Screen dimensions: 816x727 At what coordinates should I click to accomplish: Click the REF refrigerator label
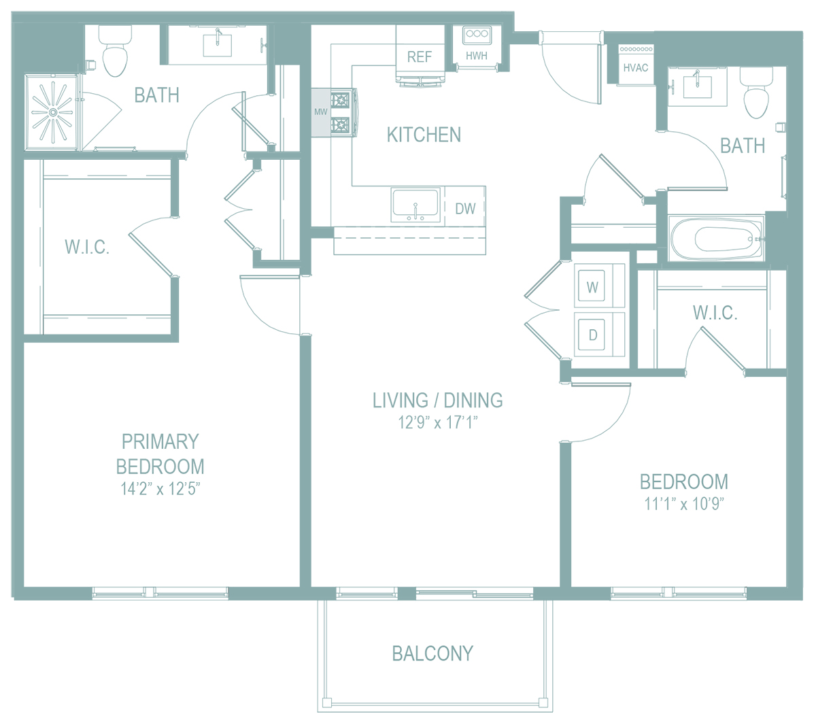(420, 57)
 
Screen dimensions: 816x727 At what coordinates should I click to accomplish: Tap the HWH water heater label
(477, 56)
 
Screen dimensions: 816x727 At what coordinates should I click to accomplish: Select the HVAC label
(636, 67)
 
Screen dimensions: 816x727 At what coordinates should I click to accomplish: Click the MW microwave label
(320, 112)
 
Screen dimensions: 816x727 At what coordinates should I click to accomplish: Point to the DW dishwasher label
(465, 209)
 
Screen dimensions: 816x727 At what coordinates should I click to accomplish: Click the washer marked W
(592, 287)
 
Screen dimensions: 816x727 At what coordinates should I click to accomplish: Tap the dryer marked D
(592, 335)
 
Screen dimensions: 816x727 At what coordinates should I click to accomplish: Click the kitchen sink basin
(415, 204)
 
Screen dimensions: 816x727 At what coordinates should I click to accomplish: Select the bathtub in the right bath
(716, 239)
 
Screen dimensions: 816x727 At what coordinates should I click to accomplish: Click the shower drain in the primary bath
(53, 112)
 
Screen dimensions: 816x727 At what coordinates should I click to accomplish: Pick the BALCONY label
(432, 654)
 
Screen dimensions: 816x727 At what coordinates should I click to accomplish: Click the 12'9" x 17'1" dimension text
(438, 423)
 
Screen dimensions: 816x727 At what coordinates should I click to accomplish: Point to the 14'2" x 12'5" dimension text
(160, 489)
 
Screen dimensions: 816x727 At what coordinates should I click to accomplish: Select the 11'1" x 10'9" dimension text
(684, 504)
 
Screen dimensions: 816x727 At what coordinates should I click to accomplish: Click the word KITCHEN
(424, 135)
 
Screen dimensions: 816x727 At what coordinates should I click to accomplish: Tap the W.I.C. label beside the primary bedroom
(87, 246)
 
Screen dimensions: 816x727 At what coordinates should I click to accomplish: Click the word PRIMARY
(160, 442)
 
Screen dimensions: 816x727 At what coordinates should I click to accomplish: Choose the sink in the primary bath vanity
(218, 44)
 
